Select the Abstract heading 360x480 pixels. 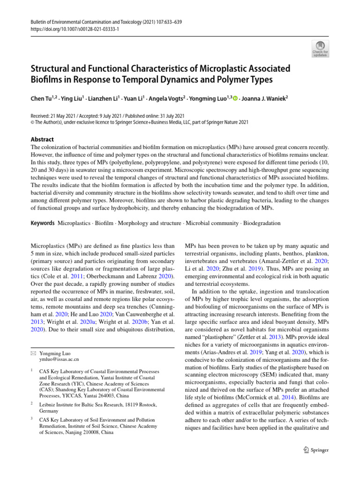43,139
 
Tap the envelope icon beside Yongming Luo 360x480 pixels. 32,352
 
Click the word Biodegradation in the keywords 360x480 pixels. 261,224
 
